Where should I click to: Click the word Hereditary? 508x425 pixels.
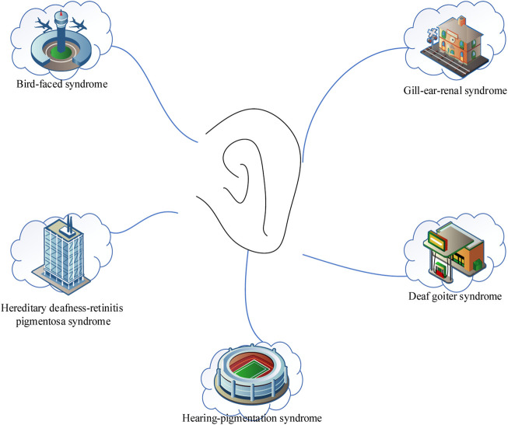click(30, 308)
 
